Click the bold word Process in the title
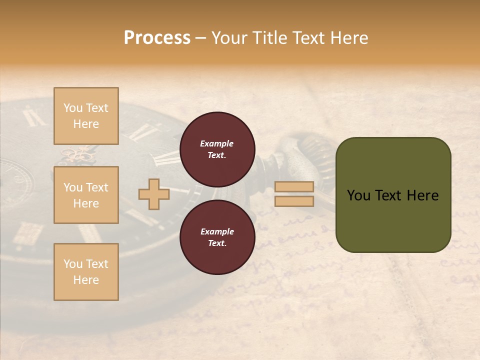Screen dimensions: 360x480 pyautogui.click(x=157, y=38)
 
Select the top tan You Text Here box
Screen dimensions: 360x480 pyautogui.click(x=86, y=116)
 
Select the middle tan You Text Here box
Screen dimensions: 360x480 pyautogui.click(x=86, y=195)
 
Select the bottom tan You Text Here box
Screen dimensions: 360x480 pyautogui.click(x=86, y=272)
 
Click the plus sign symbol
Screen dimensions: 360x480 pyautogui.click(x=154, y=194)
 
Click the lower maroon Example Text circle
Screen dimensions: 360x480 pyautogui.click(x=217, y=237)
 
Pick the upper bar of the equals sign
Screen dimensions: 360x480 pyautogui.click(x=294, y=186)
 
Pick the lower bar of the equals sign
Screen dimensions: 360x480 pyautogui.click(x=294, y=201)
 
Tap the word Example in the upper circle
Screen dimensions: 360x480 pyautogui.click(x=216, y=144)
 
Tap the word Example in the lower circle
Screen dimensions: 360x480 pyautogui.click(x=216, y=232)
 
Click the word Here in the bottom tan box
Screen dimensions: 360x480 pyautogui.click(x=86, y=280)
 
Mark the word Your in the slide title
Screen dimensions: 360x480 pyautogui.click(x=229, y=38)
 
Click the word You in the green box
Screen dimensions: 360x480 pyautogui.click(x=358, y=195)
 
